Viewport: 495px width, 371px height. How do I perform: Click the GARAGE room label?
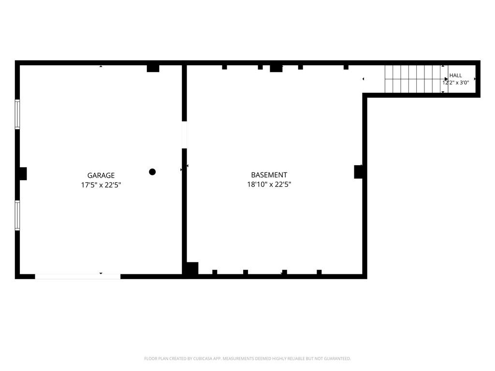point(101,175)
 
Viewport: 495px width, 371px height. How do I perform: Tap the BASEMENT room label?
point(269,175)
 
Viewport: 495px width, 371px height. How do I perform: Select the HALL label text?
point(455,75)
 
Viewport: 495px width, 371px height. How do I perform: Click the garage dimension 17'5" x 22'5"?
point(101,185)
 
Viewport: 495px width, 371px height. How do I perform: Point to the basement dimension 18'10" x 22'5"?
point(269,184)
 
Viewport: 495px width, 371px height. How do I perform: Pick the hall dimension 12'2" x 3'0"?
point(455,83)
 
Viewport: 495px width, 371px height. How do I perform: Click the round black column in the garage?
point(152,172)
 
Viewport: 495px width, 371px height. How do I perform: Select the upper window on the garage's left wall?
point(17,114)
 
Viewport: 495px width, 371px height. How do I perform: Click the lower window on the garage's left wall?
point(17,215)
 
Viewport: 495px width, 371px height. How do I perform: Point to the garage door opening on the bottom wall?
point(78,277)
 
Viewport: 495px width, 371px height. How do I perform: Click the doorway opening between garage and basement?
point(184,135)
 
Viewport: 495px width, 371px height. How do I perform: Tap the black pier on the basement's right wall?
point(358,172)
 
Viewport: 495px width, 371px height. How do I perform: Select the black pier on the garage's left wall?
point(23,174)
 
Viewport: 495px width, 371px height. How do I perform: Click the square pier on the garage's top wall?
point(153,69)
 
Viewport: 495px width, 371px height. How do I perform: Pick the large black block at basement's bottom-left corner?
point(192,269)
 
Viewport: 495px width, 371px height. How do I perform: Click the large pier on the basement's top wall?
point(276,69)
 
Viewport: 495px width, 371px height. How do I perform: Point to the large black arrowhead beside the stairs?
point(446,79)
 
